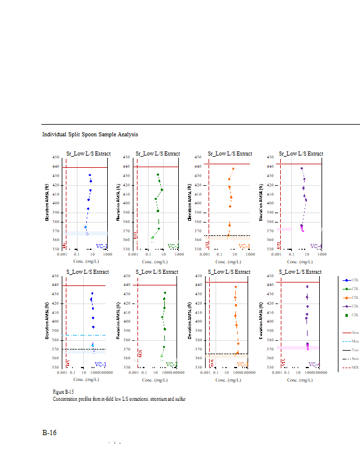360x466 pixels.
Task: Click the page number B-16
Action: tap(49, 433)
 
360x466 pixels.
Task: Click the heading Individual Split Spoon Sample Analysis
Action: tap(90, 135)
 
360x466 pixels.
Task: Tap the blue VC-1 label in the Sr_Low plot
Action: tap(101, 246)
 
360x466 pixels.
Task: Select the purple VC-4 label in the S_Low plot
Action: tap(314, 365)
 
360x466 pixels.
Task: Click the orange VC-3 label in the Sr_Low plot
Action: tap(244, 246)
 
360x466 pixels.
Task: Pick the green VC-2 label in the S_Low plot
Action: tap(172, 365)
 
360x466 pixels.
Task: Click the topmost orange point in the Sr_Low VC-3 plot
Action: tap(233, 169)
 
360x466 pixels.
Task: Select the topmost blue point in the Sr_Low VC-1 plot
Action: tap(90, 175)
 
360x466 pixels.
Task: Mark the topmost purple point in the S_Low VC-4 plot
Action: tap(308, 287)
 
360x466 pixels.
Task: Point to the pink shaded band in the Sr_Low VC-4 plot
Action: tap(285, 229)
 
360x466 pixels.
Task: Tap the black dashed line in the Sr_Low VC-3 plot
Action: tap(227, 236)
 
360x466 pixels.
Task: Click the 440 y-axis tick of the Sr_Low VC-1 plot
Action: tap(56, 167)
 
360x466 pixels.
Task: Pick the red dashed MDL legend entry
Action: tap(348, 368)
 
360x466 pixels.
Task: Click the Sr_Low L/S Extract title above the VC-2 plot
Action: tap(157, 154)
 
